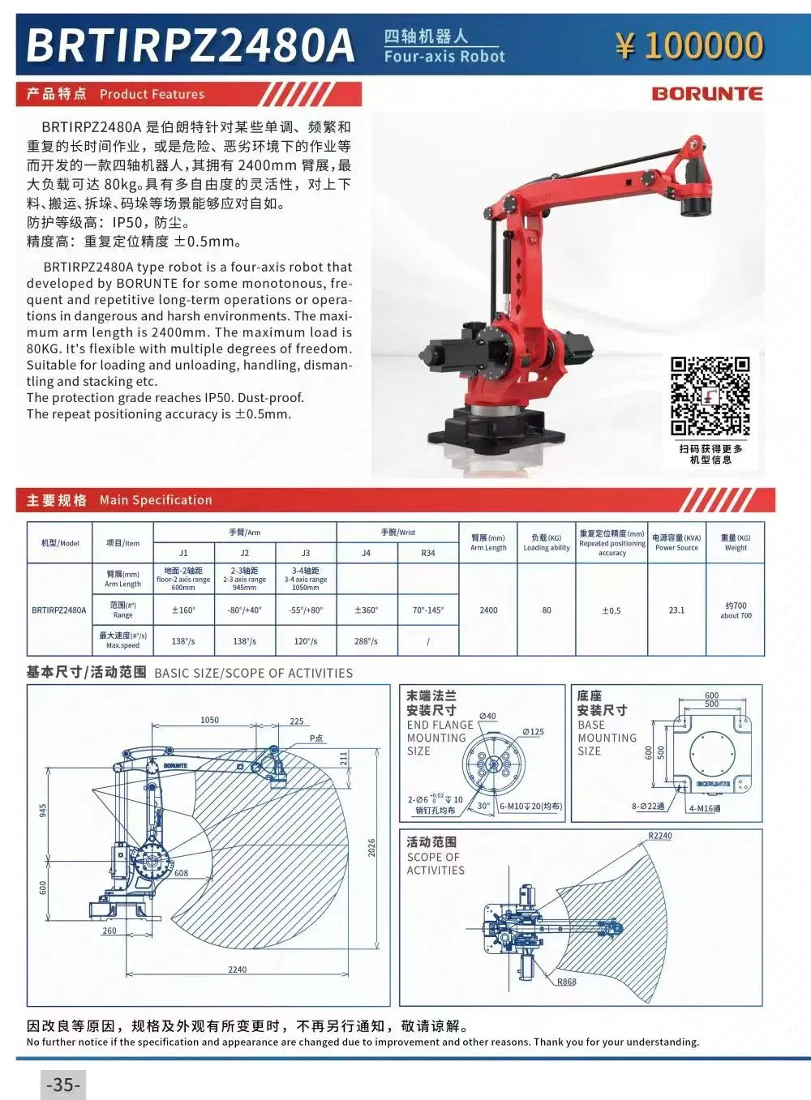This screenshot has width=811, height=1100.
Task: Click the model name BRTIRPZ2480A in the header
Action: (x=191, y=45)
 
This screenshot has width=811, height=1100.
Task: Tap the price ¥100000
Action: (x=689, y=45)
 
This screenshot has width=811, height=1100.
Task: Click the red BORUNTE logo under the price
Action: (x=707, y=93)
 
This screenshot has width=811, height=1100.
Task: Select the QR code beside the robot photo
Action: (x=710, y=396)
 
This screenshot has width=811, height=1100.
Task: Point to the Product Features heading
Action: (x=152, y=94)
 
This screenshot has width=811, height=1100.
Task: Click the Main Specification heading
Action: (x=155, y=500)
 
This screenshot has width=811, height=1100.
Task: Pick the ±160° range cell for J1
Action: (x=183, y=610)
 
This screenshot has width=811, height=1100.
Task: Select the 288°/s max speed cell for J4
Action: (x=366, y=641)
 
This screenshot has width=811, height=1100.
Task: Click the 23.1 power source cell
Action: (x=676, y=610)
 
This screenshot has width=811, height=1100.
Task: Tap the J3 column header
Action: (x=306, y=553)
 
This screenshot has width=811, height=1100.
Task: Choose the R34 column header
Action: (x=427, y=553)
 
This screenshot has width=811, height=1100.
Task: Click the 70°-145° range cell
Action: (x=427, y=610)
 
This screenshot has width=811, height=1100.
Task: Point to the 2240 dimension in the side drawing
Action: (x=237, y=969)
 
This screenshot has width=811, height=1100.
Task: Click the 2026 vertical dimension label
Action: (x=372, y=848)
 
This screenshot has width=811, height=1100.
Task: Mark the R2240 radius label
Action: (x=660, y=836)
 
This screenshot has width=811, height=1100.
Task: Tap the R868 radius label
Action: (x=566, y=982)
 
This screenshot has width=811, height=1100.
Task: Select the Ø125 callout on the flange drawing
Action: (x=533, y=732)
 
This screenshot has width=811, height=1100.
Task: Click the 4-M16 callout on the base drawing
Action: (x=705, y=808)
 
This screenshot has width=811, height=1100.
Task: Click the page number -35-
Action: (x=62, y=1085)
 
